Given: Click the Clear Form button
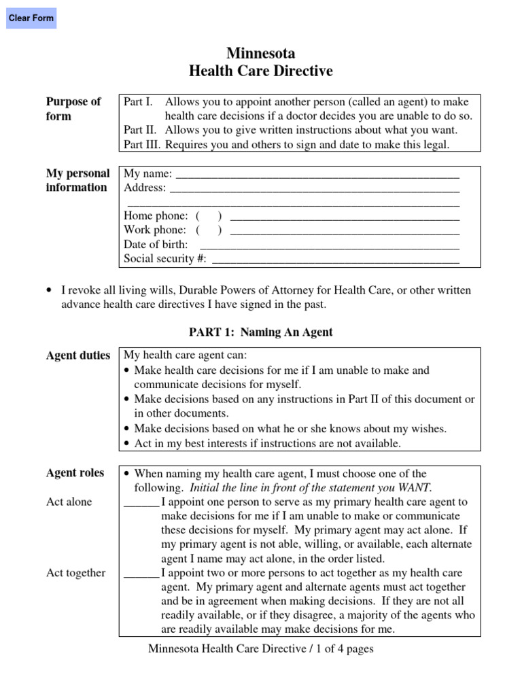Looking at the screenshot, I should coord(31,18).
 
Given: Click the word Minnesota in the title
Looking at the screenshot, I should coord(261,54).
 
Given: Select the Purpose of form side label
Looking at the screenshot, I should coord(73,109).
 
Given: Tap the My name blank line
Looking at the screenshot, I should coord(317,174).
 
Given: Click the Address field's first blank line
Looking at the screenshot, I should coord(314,188).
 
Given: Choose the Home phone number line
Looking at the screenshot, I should coord(345,217).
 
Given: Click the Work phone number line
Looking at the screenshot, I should coord(345,231).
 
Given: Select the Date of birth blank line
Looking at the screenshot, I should coord(330,245).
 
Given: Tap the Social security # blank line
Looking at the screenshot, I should coord(336,259).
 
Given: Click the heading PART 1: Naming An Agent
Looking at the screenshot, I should coord(260,332).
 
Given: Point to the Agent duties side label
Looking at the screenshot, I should coord(77,355).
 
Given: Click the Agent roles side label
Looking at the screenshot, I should coord(75,473).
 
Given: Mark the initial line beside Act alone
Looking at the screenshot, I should coord(141,504).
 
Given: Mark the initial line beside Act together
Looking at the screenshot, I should coord(141,574).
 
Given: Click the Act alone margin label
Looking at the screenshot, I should coord(69,502).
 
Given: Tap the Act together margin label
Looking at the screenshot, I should coord(75,573).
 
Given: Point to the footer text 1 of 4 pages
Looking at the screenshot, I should coord(343,649).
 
